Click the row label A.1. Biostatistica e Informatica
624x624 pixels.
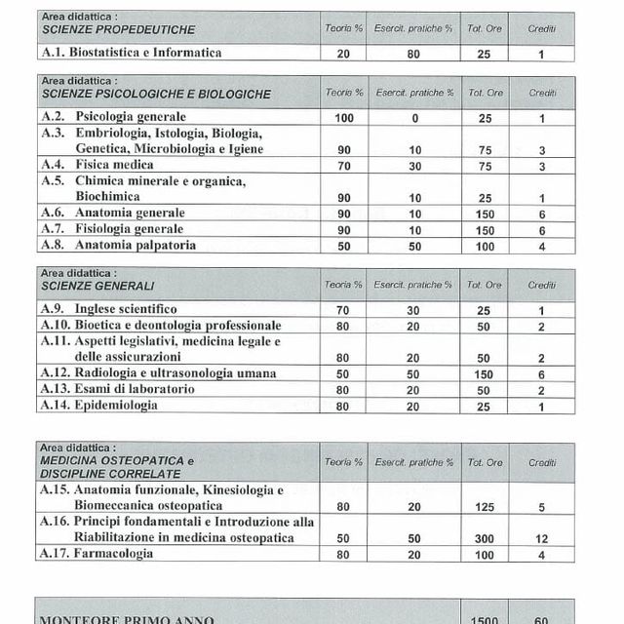pos(132,53)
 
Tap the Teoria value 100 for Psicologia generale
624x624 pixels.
pos(343,118)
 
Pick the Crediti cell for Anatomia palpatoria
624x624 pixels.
pos(542,245)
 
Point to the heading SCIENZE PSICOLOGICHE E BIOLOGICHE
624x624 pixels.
pos(156,95)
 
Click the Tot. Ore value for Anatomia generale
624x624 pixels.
pos(486,213)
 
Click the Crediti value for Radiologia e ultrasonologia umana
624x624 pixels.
pos(542,373)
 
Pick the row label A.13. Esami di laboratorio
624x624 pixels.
pos(117,389)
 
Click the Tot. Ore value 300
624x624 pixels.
pos(486,538)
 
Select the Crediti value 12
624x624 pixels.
pos(542,538)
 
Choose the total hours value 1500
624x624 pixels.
pos(486,619)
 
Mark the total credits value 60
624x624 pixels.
pos(542,619)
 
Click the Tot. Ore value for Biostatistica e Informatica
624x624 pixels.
pos(486,54)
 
